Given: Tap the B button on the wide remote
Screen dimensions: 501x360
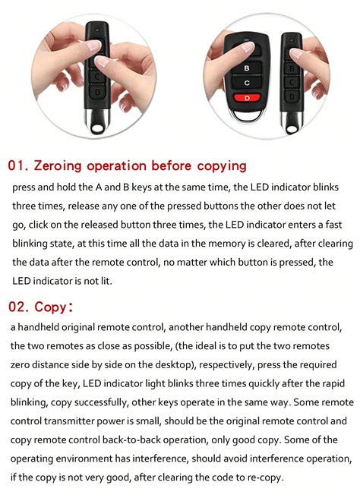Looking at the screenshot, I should click(x=245, y=67).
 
